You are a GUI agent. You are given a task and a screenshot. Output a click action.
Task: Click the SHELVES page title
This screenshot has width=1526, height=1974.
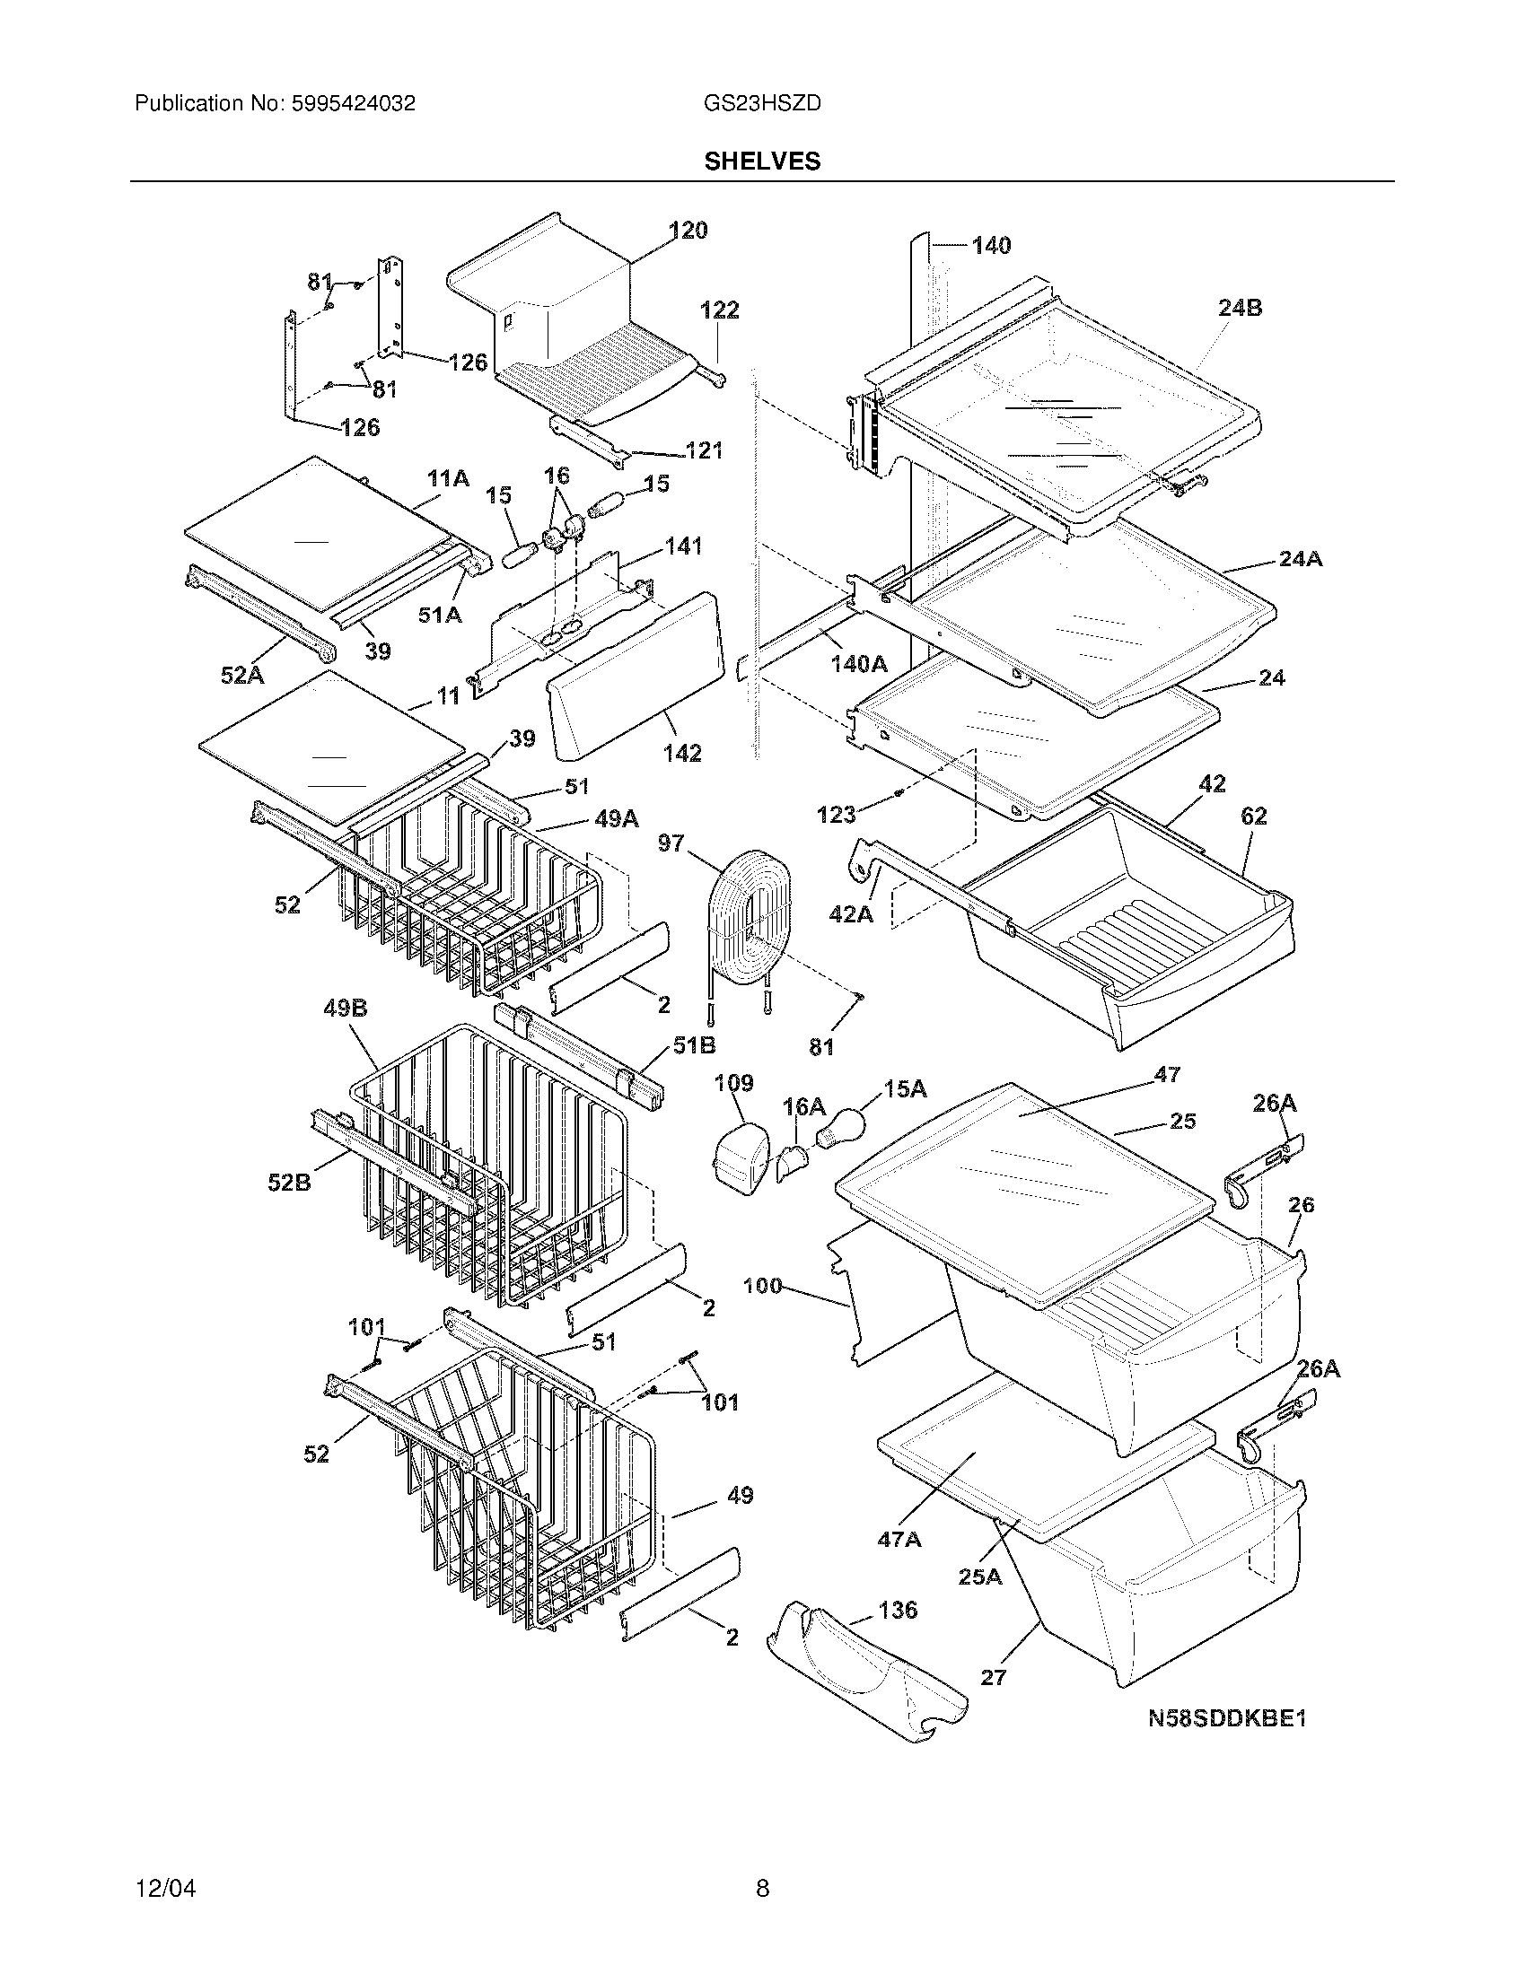click(x=762, y=161)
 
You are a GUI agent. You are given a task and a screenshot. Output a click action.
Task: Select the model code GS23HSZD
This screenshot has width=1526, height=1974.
click(x=761, y=103)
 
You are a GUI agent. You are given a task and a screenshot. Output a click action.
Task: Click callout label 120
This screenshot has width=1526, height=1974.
click(x=688, y=231)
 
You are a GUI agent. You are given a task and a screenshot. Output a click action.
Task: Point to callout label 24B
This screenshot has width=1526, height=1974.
click(x=1240, y=308)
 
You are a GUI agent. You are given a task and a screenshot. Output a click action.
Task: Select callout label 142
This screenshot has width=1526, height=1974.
click(x=681, y=753)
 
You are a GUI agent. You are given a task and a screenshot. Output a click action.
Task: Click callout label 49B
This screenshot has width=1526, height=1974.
click(x=346, y=1008)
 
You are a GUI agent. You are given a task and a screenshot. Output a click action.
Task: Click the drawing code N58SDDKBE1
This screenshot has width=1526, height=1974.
click(x=1227, y=1719)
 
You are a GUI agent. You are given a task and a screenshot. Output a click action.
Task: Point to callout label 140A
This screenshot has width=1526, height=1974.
click(x=859, y=664)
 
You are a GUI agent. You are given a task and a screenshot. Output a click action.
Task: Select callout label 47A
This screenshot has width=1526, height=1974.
click(x=899, y=1538)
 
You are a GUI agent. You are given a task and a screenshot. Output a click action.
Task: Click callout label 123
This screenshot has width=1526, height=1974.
click(x=836, y=815)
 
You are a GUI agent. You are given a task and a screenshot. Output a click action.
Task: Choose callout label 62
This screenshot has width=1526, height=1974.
click(x=1253, y=817)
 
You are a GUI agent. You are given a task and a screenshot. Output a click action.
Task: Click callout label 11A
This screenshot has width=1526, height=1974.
click(x=448, y=479)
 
